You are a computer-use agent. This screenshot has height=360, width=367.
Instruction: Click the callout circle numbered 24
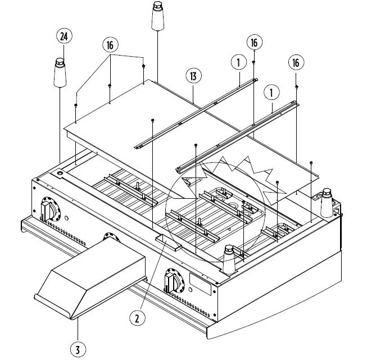[64, 37]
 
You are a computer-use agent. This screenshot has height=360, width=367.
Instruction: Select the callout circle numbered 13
[193, 76]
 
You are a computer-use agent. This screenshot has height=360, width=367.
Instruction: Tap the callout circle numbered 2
[137, 318]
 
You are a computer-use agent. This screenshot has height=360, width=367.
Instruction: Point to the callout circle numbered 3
[78, 349]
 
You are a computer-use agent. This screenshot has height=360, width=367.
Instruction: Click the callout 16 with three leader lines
[111, 45]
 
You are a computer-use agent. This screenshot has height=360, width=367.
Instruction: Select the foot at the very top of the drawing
[157, 17]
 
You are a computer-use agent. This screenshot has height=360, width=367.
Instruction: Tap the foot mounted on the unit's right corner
[326, 205]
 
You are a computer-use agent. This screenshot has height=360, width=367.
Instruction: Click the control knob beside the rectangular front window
[174, 280]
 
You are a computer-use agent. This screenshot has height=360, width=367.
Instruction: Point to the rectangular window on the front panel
[201, 284]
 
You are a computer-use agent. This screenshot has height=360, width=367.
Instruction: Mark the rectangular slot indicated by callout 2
[169, 241]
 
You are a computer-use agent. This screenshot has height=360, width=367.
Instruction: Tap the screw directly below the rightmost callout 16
[296, 87]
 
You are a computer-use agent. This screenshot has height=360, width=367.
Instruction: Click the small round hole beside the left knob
[67, 218]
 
